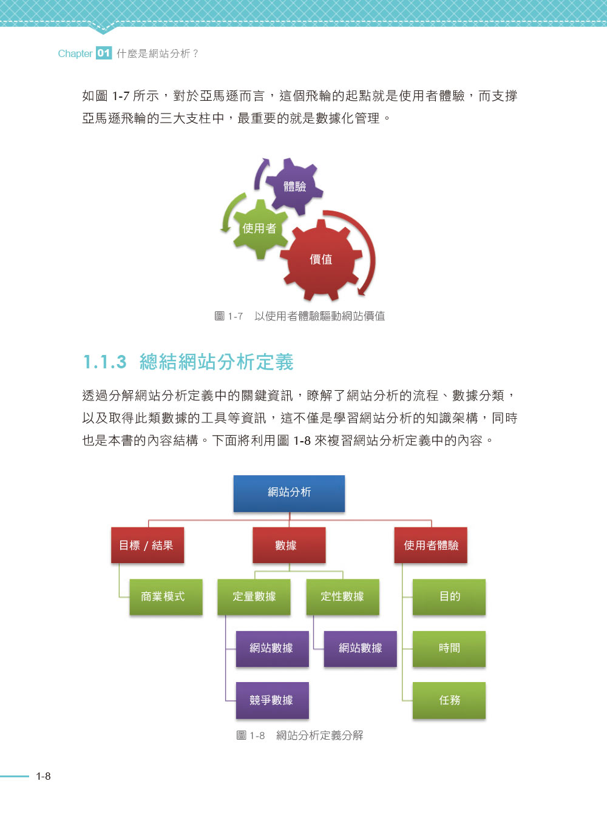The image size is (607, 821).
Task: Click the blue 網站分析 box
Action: (x=289, y=493)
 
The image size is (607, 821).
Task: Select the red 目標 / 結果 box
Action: (x=148, y=546)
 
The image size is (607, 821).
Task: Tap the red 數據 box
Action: (x=289, y=546)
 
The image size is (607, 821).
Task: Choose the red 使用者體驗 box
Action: (x=431, y=546)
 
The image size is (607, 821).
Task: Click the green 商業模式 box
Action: (x=166, y=597)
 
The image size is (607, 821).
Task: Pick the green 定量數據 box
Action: (x=254, y=597)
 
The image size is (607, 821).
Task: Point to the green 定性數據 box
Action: (x=342, y=597)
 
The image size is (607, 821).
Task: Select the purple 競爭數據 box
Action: (x=272, y=700)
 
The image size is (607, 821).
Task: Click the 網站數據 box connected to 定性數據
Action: (x=361, y=649)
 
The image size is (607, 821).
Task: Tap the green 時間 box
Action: (x=449, y=649)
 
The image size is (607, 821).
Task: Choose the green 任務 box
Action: (x=449, y=700)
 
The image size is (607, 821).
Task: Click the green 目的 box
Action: (x=449, y=597)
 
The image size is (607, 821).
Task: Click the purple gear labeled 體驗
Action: (x=294, y=186)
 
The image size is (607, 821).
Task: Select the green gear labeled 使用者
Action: (x=260, y=229)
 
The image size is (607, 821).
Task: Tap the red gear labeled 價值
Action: (x=320, y=260)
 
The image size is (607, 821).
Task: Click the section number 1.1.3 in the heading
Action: (x=105, y=362)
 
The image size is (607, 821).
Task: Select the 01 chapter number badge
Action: (x=104, y=53)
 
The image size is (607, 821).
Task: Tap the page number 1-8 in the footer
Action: (x=43, y=776)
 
